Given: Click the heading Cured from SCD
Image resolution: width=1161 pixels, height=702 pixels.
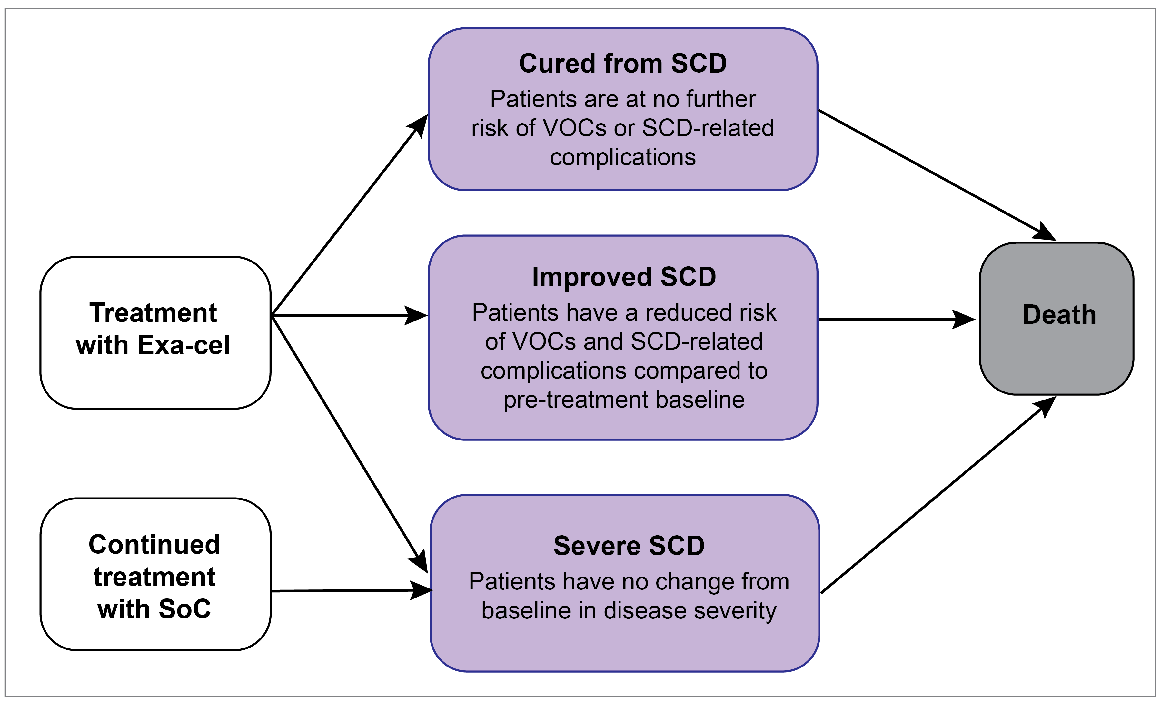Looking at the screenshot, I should point(622,64).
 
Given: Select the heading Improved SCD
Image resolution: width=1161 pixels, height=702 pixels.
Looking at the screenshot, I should point(624,277).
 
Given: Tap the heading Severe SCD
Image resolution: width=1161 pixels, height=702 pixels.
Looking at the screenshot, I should point(629,546).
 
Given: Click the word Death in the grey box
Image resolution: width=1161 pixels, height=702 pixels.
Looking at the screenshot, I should point(1059,315).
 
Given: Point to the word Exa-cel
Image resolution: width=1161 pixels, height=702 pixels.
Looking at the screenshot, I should point(184,345).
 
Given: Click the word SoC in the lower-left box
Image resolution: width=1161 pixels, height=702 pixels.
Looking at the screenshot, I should point(185,609).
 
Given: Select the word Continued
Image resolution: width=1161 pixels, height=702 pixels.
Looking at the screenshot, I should point(154,545).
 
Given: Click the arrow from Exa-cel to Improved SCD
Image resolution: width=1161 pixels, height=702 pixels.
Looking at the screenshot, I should point(349,315).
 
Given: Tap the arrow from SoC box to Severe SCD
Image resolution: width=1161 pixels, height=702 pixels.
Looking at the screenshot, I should point(349,590).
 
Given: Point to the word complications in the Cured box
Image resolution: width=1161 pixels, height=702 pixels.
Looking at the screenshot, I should point(622,157).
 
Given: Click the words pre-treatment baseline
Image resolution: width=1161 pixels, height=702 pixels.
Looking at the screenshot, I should point(624,400).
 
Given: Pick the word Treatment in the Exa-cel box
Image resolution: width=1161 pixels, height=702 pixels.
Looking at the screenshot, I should point(153,313).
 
